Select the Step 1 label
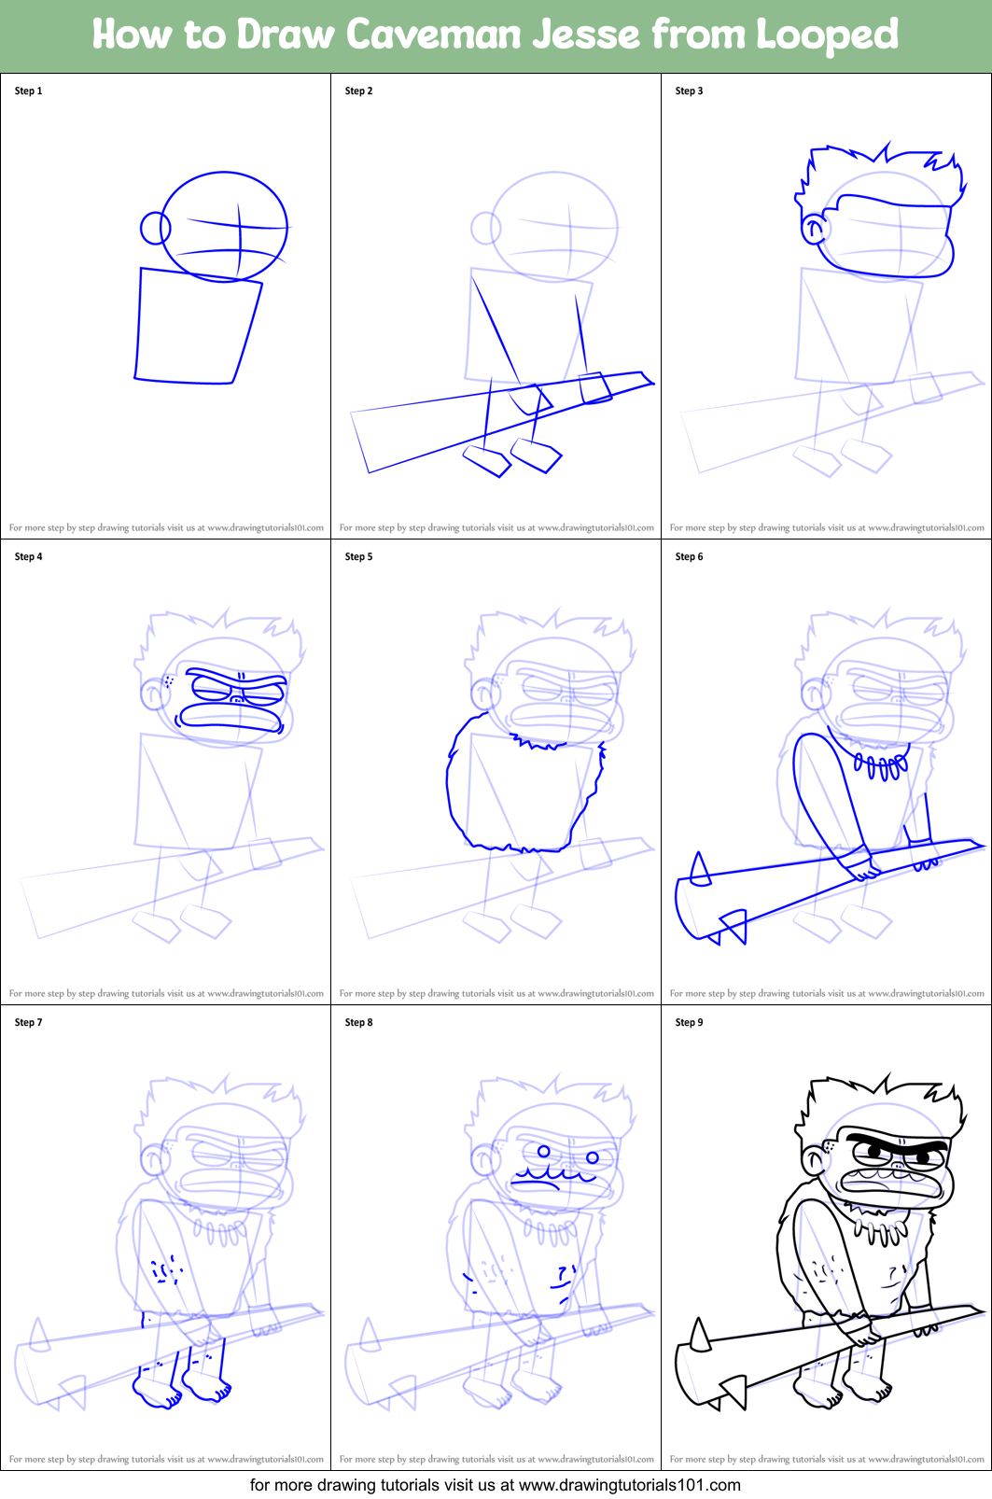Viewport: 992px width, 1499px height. (x=28, y=91)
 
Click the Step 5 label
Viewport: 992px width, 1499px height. (x=358, y=557)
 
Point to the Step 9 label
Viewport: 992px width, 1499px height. (x=689, y=1023)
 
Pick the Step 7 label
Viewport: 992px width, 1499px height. (x=28, y=1023)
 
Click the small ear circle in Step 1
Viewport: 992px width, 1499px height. (x=155, y=228)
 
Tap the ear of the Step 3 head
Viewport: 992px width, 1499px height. (x=814, y=229)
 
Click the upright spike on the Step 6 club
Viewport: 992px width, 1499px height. (x=700, y=869)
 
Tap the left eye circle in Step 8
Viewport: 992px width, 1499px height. (x=544, y=1151)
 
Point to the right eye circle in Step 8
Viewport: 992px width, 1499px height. (x=593, y=1157)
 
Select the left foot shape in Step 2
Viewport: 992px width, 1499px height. (x=487, y=461)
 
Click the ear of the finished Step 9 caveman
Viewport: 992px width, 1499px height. (x=814, y=1159)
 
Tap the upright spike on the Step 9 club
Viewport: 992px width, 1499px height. (x=700, y=1335)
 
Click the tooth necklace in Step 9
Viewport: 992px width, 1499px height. (x=882, y=1230)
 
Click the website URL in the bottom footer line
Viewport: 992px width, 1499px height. (x=629, y=1485)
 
